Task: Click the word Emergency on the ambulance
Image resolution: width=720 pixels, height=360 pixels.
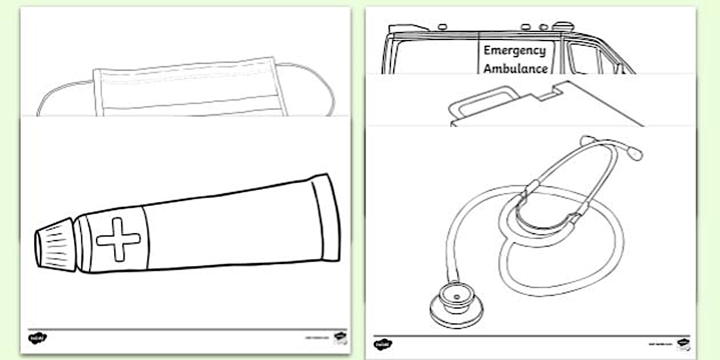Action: [514, 50]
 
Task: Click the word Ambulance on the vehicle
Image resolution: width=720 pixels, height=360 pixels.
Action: [515, 69]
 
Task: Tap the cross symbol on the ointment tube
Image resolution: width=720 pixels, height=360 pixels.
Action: [118, 240]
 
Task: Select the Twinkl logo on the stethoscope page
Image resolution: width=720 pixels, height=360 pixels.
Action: [382, 344]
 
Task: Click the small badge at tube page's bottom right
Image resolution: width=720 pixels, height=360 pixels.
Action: [341, 337]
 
